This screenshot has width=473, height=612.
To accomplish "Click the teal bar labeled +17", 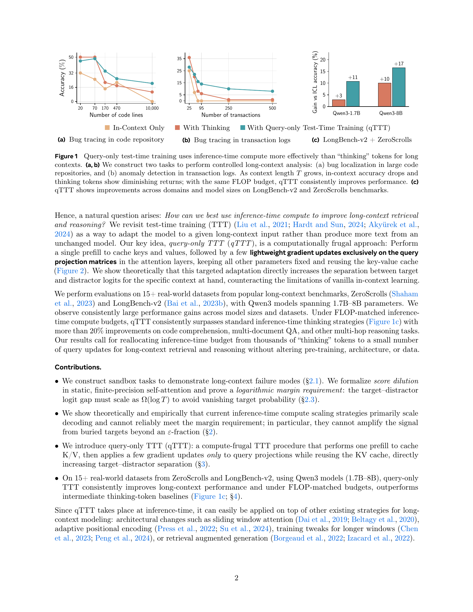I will coord(398,87).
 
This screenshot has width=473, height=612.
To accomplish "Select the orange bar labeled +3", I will coord(339,103).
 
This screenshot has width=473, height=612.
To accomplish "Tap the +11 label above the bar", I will coord(353,77).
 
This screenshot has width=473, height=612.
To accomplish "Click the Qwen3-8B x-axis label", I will coord(391,113).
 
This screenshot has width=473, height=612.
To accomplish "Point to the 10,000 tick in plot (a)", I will coord(152,108).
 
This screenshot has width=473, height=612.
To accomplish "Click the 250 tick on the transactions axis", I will coord(228,108).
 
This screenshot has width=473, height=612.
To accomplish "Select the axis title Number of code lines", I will coord(116,115).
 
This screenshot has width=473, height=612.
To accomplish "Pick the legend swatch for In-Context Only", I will coord(107,128).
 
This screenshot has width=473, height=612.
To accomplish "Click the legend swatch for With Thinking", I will coord(177,128).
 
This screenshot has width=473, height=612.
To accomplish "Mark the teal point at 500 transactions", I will coord(272,91).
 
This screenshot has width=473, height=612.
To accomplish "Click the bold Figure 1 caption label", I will coord(66,156).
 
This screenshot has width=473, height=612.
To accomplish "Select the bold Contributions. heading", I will coord(78,367).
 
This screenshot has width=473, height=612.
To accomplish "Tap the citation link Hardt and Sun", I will coord(318,225).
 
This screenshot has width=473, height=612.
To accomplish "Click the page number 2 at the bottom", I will coord(236,578).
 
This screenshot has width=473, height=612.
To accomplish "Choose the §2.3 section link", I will coord(309,399).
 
